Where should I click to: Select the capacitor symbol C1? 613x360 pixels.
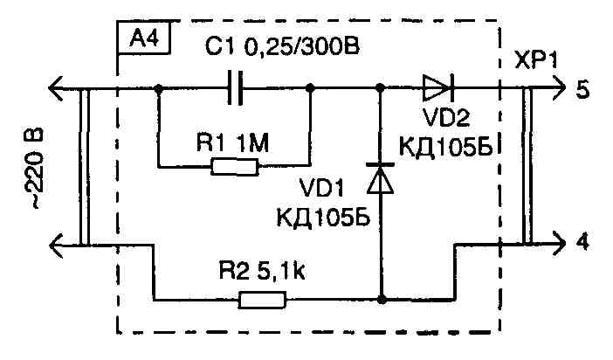pos(234,88)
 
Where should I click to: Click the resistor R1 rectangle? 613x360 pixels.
pos(235,166)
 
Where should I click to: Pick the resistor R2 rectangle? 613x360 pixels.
pos(262,301)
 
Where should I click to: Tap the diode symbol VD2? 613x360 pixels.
pos(436,88)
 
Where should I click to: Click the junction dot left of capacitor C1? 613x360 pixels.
pos(159,88)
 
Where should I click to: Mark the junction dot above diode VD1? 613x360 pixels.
pos(381,88)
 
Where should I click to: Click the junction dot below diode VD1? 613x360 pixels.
pos(381,301)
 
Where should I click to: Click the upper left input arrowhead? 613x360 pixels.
pos(56,88)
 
